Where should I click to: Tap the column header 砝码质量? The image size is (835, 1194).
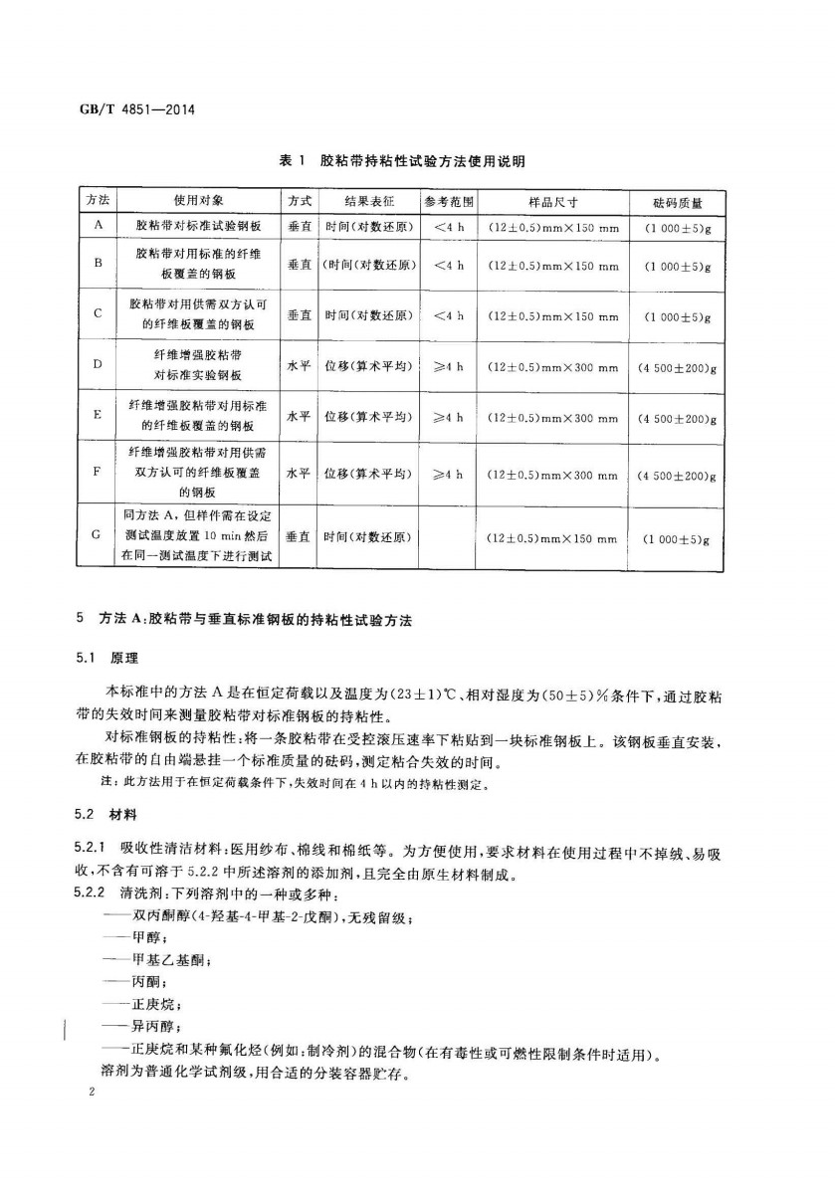click(677, 201)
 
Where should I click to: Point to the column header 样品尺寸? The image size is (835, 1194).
click(553, 201)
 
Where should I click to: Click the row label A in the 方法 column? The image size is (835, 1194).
click(99, 227)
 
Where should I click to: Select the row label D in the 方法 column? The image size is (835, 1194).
click(99, 366)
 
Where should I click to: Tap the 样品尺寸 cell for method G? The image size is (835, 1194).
click(553, 538)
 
